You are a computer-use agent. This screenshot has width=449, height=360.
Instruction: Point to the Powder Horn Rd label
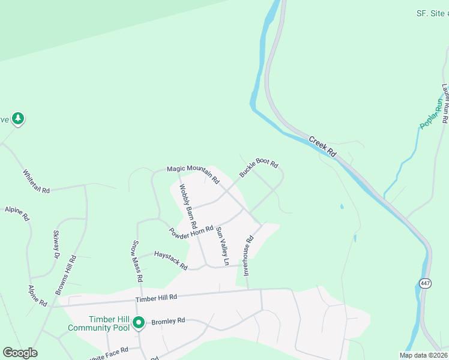(191, 231)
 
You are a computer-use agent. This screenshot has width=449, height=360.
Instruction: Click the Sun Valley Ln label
(223, 246)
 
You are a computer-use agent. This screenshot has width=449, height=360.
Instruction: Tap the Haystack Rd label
(170, 259)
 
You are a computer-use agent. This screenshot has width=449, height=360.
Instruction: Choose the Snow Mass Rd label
(137, 261)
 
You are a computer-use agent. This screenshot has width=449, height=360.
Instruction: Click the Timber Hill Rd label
(156, 297)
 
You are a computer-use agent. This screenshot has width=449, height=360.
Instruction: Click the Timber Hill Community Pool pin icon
(139, 323)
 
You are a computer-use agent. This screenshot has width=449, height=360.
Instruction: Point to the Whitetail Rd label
(36, 181)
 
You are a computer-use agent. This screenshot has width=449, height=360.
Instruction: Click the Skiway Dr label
(57, 245)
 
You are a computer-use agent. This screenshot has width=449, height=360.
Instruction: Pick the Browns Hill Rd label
(66, 275)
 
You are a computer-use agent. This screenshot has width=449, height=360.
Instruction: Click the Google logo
(20, 353)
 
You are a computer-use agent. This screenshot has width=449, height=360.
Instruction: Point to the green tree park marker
(19, 119)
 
